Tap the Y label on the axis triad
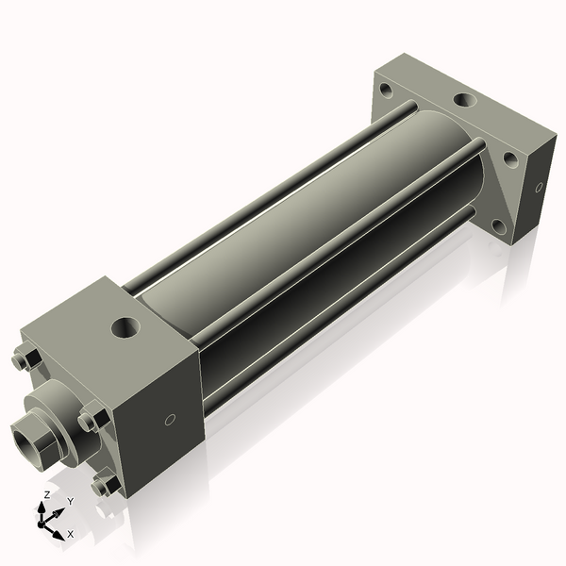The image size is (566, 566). pos(70,501)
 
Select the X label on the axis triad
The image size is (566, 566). pos(71,534)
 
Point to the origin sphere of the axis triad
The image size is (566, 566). pos(46,520)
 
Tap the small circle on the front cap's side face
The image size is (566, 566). pos(170,421)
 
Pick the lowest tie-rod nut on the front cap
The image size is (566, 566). pos(106,485)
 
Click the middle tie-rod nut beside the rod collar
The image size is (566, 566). pos(92,418)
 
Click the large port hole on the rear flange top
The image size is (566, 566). pos(465,99)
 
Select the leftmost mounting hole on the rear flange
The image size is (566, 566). pos(386,92)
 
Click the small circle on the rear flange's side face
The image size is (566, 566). pos(539,187)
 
